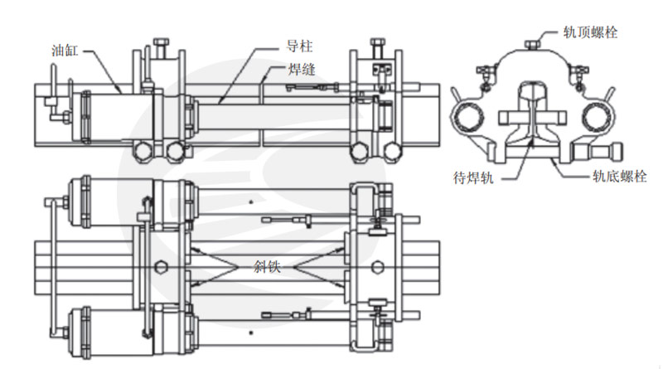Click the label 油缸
tap(65, 51)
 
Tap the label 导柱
tap(299, 46)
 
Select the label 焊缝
tap(302, 69)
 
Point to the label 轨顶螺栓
tap(590, 32)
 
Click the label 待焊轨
tap(473, 177)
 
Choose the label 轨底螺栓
tap(619, 176)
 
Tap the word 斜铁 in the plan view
tap(267, 267)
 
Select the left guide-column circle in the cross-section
tap(467, 117)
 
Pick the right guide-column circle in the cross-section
tap(598, 117)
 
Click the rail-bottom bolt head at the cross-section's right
tap(617, 152)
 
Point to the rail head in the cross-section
tap(532, 91)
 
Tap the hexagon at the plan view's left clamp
tap(160, 267)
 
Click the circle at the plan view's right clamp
tap(378, 267)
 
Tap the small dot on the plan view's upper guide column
tap(251, 201)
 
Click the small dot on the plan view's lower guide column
tap(251, 333)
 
